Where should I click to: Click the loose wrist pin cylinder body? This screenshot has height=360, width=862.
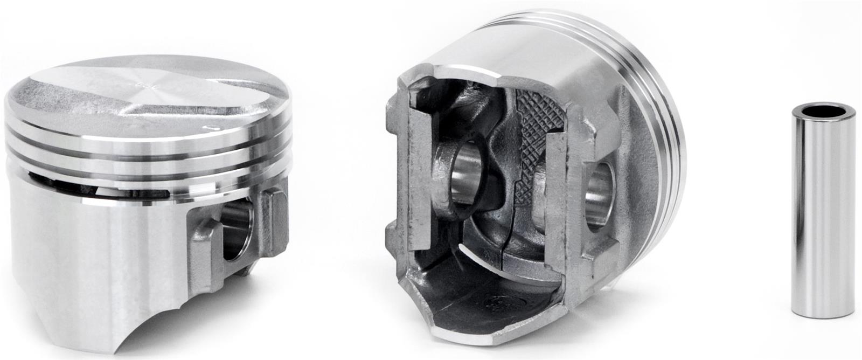[822, 216]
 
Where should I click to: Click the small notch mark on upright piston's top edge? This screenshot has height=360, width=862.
[210, 128]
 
